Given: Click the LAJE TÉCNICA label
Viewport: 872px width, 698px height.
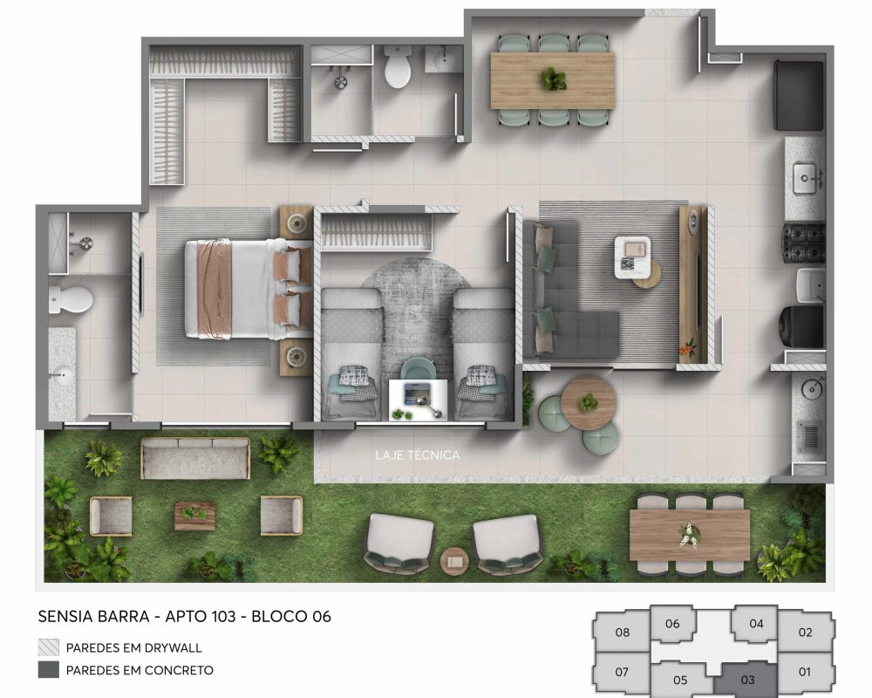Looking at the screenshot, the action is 418,455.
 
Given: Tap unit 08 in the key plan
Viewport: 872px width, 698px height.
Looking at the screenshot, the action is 623,632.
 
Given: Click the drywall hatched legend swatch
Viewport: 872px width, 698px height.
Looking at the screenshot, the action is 48,647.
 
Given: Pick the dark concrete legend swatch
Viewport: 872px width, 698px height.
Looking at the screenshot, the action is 48,669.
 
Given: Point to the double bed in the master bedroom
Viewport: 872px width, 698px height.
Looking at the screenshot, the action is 248,288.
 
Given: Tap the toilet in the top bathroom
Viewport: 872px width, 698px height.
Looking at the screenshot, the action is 398,66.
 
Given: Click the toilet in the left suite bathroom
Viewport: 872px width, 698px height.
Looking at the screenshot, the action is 70,299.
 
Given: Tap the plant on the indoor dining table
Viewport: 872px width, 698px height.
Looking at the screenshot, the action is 553,79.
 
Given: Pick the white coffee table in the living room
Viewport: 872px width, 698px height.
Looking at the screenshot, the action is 632,257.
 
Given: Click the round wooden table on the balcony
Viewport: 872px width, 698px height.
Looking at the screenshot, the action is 589,402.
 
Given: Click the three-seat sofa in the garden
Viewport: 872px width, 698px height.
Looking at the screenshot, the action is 195,457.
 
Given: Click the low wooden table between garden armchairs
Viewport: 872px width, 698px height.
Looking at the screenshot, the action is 194,516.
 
